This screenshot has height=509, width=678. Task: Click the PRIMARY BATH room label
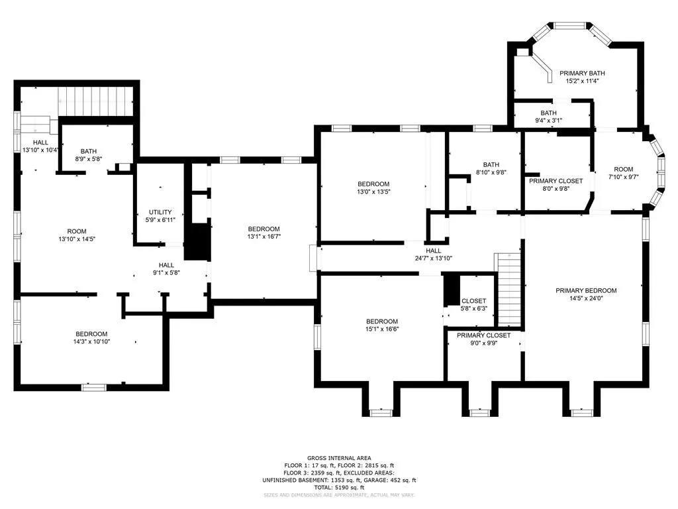pyautogui.click(x=582, y=73)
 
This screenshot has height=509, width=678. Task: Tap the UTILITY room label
pyautogui.click(x=160, y=211)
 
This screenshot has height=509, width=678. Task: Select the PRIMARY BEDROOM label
pyautogui.click(x=586, y=290)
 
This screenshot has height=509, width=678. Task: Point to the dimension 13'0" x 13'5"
pyautogui.click(x=373, y=193)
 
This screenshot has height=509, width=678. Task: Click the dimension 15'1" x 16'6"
pyautogui.click(x=382, y=329)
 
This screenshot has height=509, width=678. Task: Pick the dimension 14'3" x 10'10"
pyautogui.click(x=91, y=341)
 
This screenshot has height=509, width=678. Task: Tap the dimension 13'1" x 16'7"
pyautogui.click(x=264, y=237)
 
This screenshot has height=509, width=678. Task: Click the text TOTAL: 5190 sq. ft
pyautogui.click(x=338, y=487)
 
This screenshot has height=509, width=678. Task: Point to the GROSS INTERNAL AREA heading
pyautogui.click(x=338, y=458)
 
